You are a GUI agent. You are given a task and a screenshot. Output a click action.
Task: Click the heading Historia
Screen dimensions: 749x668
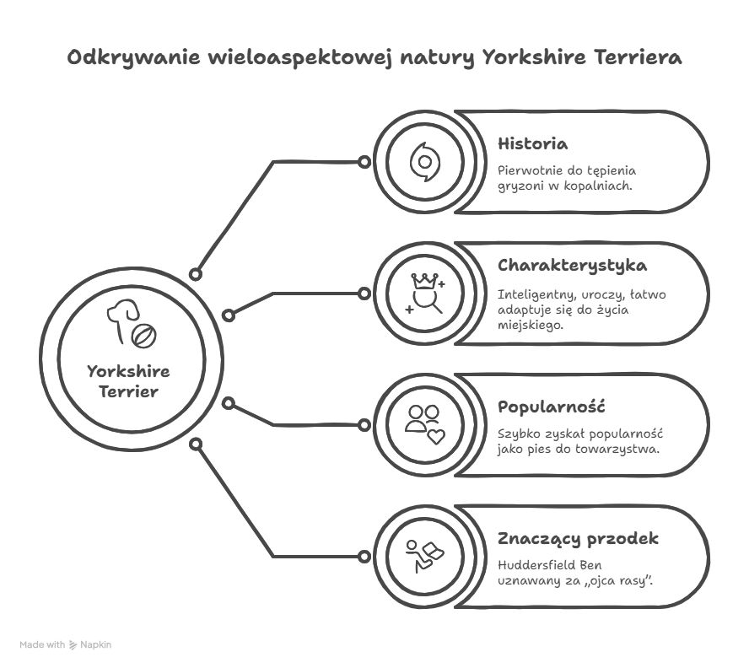click(x=532, y=144)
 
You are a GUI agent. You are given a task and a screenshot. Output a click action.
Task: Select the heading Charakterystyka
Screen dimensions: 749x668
click(x=572, y=266)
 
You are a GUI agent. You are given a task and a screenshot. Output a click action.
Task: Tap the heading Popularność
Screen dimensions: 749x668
click(x=552, y=407)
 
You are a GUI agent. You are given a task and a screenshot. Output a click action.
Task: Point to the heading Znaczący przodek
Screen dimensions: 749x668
click(x=578, y=539)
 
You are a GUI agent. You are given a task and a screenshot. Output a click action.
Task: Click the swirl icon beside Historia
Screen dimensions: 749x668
click(x=424, y=162)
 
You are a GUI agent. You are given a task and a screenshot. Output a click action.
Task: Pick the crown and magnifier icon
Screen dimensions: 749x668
click(x=425, y=294)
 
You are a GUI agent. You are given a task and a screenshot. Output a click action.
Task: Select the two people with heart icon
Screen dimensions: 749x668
click(x=425, y=425)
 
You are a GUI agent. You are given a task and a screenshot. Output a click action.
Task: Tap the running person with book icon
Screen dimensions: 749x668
click(x=424, y=556)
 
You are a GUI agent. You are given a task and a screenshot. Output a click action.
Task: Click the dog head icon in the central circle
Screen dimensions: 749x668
click(x=122, y=319)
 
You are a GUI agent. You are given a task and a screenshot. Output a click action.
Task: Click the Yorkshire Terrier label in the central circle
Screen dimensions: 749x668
click(x=128, y=382)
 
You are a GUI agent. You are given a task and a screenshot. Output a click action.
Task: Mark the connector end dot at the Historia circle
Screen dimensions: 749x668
click(x=364, y=162)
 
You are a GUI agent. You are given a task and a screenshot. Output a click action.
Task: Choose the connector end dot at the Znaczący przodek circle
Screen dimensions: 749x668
click(x=364, y=557)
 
